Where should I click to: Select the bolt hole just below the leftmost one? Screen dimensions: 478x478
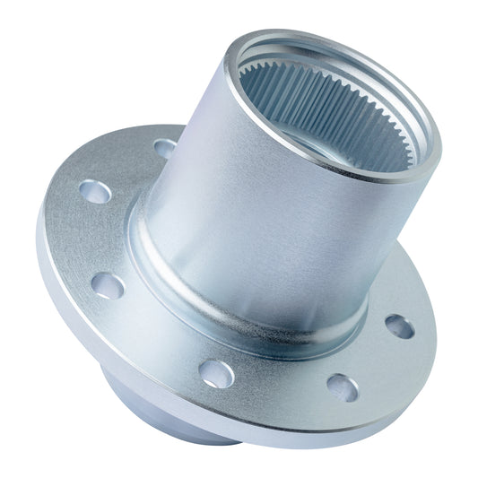(x=107, y=285)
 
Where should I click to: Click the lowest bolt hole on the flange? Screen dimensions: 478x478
(x=342, y=387)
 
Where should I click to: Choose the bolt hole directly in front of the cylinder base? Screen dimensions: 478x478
(x=217, y=371)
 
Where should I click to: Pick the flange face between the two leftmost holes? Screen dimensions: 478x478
(x=94, y=238)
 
